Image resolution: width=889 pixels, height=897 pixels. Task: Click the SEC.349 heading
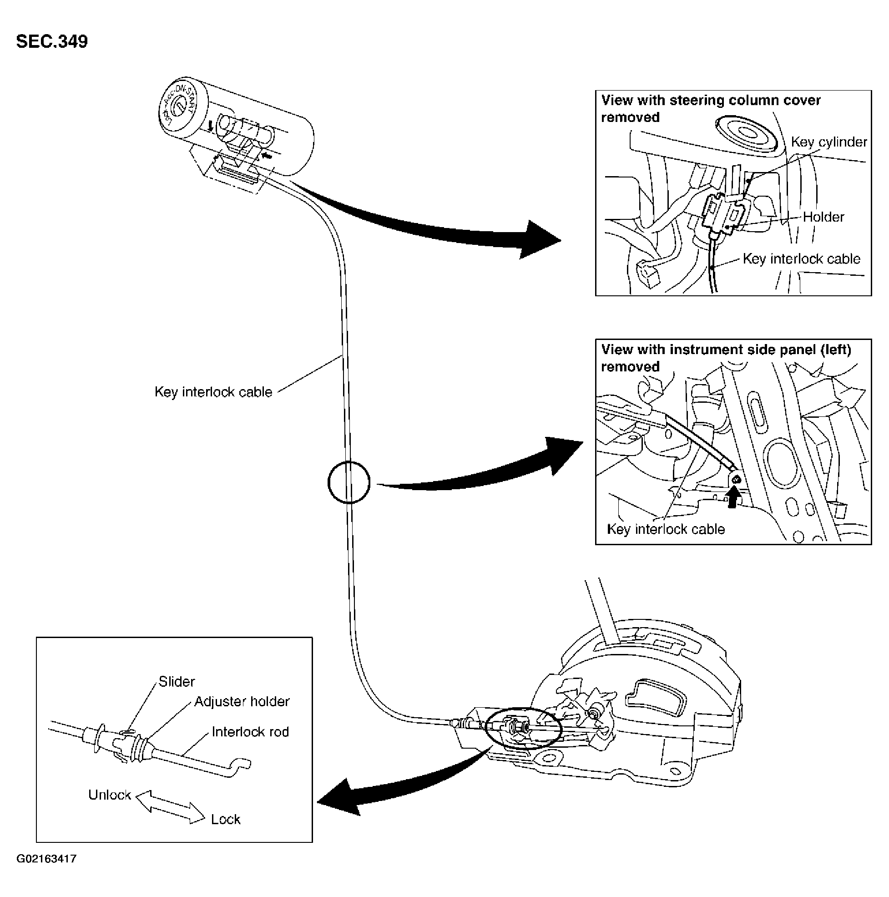(52, 41)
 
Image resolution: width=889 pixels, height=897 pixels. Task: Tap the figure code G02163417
(46, 859)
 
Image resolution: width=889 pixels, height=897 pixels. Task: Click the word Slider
(177, 682)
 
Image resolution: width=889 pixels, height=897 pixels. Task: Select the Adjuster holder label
(242, 702)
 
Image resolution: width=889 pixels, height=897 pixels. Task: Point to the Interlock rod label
(250, 732)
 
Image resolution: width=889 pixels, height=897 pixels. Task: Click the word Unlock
(110, 795)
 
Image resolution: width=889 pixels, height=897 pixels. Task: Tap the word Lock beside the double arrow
(226, 820)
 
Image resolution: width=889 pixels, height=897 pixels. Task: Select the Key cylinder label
(828, 142)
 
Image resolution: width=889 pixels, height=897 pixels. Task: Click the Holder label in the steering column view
(823, 217)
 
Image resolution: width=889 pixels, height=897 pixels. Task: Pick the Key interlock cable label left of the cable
(213, 392)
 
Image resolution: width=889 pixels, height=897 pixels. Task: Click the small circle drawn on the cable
(349, 481)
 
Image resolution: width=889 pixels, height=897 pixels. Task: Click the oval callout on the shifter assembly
(523, 727)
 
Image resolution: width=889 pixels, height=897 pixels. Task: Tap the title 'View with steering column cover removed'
(711, 109)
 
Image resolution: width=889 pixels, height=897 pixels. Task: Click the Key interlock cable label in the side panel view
(666, 529)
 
